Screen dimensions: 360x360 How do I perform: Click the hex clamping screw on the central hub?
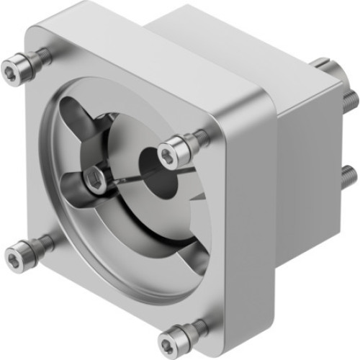(95, 181)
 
